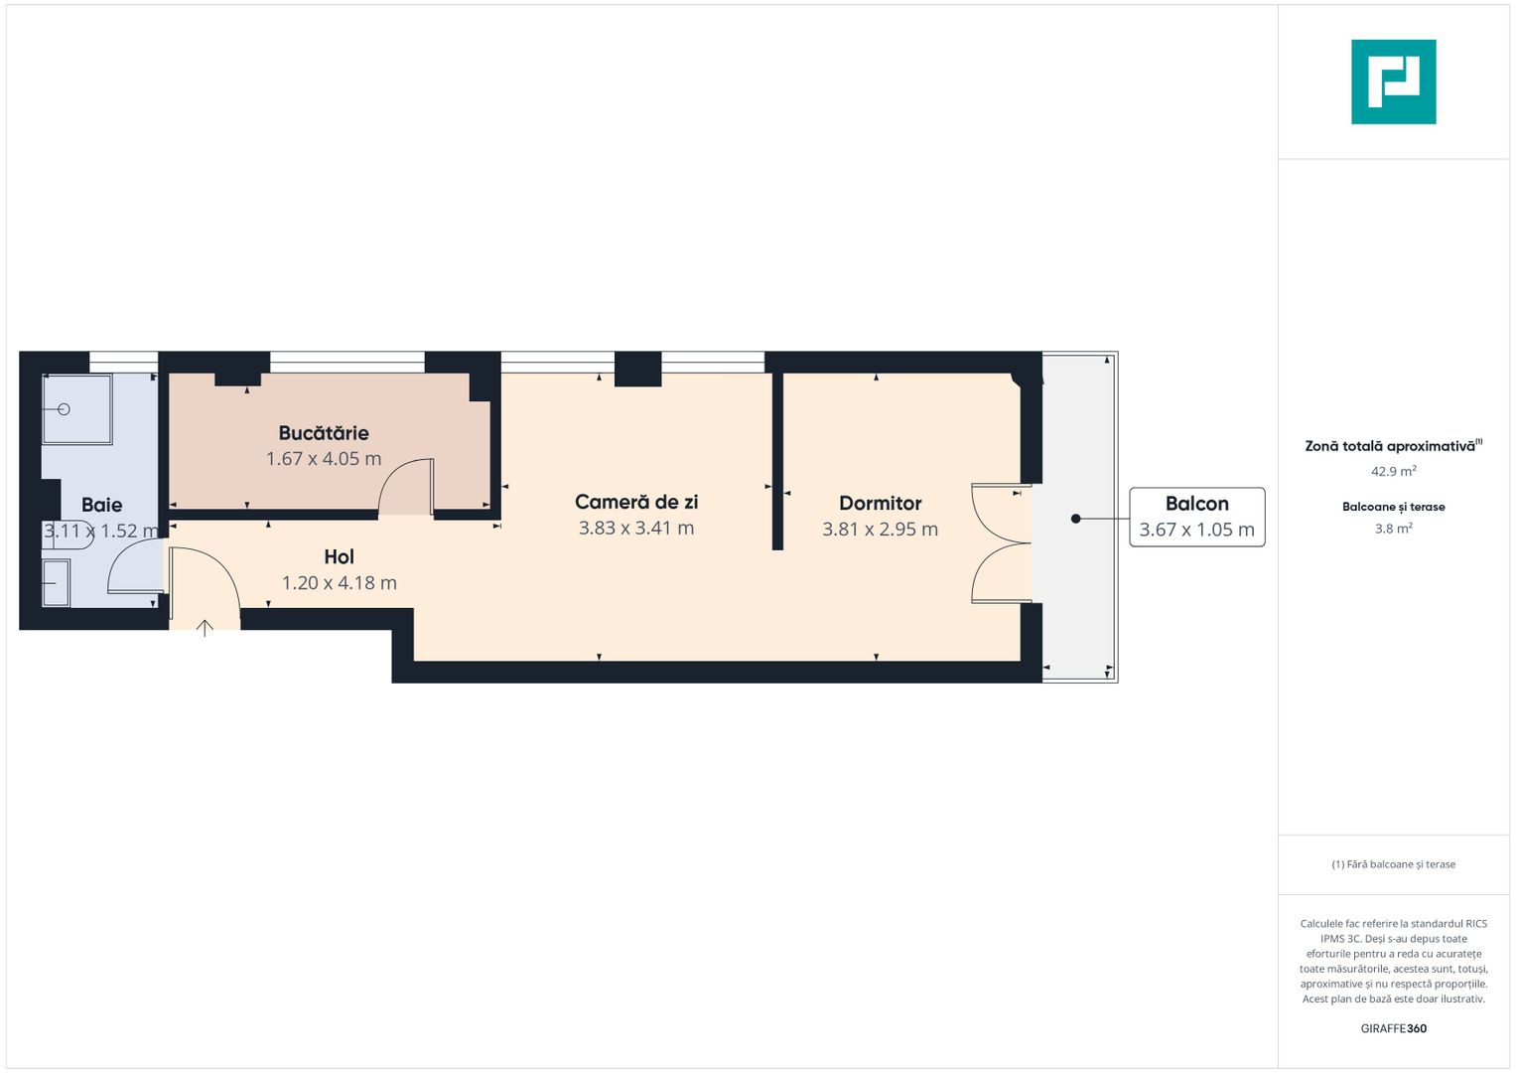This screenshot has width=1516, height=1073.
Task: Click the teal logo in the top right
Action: pos(1393,81)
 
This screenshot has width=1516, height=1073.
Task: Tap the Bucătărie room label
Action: pos(324,433)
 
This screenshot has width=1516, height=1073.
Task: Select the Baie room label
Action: pos(101,505)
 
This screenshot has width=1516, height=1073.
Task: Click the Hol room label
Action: pos(339,557)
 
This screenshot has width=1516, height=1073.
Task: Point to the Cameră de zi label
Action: pos(636,503)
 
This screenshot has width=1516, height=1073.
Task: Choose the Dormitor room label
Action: pos(880,504)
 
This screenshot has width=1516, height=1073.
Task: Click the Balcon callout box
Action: pos(1196,517)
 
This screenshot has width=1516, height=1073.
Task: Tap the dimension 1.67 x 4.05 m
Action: pos(324,459)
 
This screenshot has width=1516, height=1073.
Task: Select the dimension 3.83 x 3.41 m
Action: pos(636,529)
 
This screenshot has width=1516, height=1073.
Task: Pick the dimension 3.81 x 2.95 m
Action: pos(880,530)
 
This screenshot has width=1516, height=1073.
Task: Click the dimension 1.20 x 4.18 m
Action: pos(339,583)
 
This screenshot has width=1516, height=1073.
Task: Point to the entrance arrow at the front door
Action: pos(205,627)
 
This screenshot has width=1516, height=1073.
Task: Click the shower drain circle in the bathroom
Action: pos(65,409)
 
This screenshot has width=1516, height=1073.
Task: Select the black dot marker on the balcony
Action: pos(1075,519)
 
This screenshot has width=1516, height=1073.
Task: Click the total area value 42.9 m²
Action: pos(1393,472)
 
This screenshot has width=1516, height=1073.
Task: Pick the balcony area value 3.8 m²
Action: pos(1393,530)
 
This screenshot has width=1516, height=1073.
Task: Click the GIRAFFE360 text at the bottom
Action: pos(1393,1029)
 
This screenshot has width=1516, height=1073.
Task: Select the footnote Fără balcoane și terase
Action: pos(1393,864)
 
